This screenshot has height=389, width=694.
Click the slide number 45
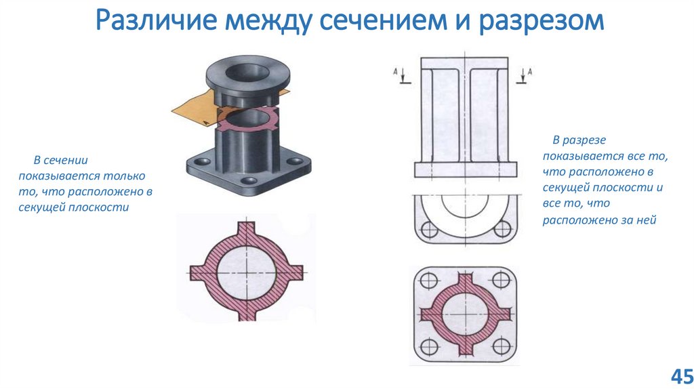point(680,375)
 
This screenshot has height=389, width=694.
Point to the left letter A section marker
point(395,70)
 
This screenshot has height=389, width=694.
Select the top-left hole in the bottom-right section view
point(429,280)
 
